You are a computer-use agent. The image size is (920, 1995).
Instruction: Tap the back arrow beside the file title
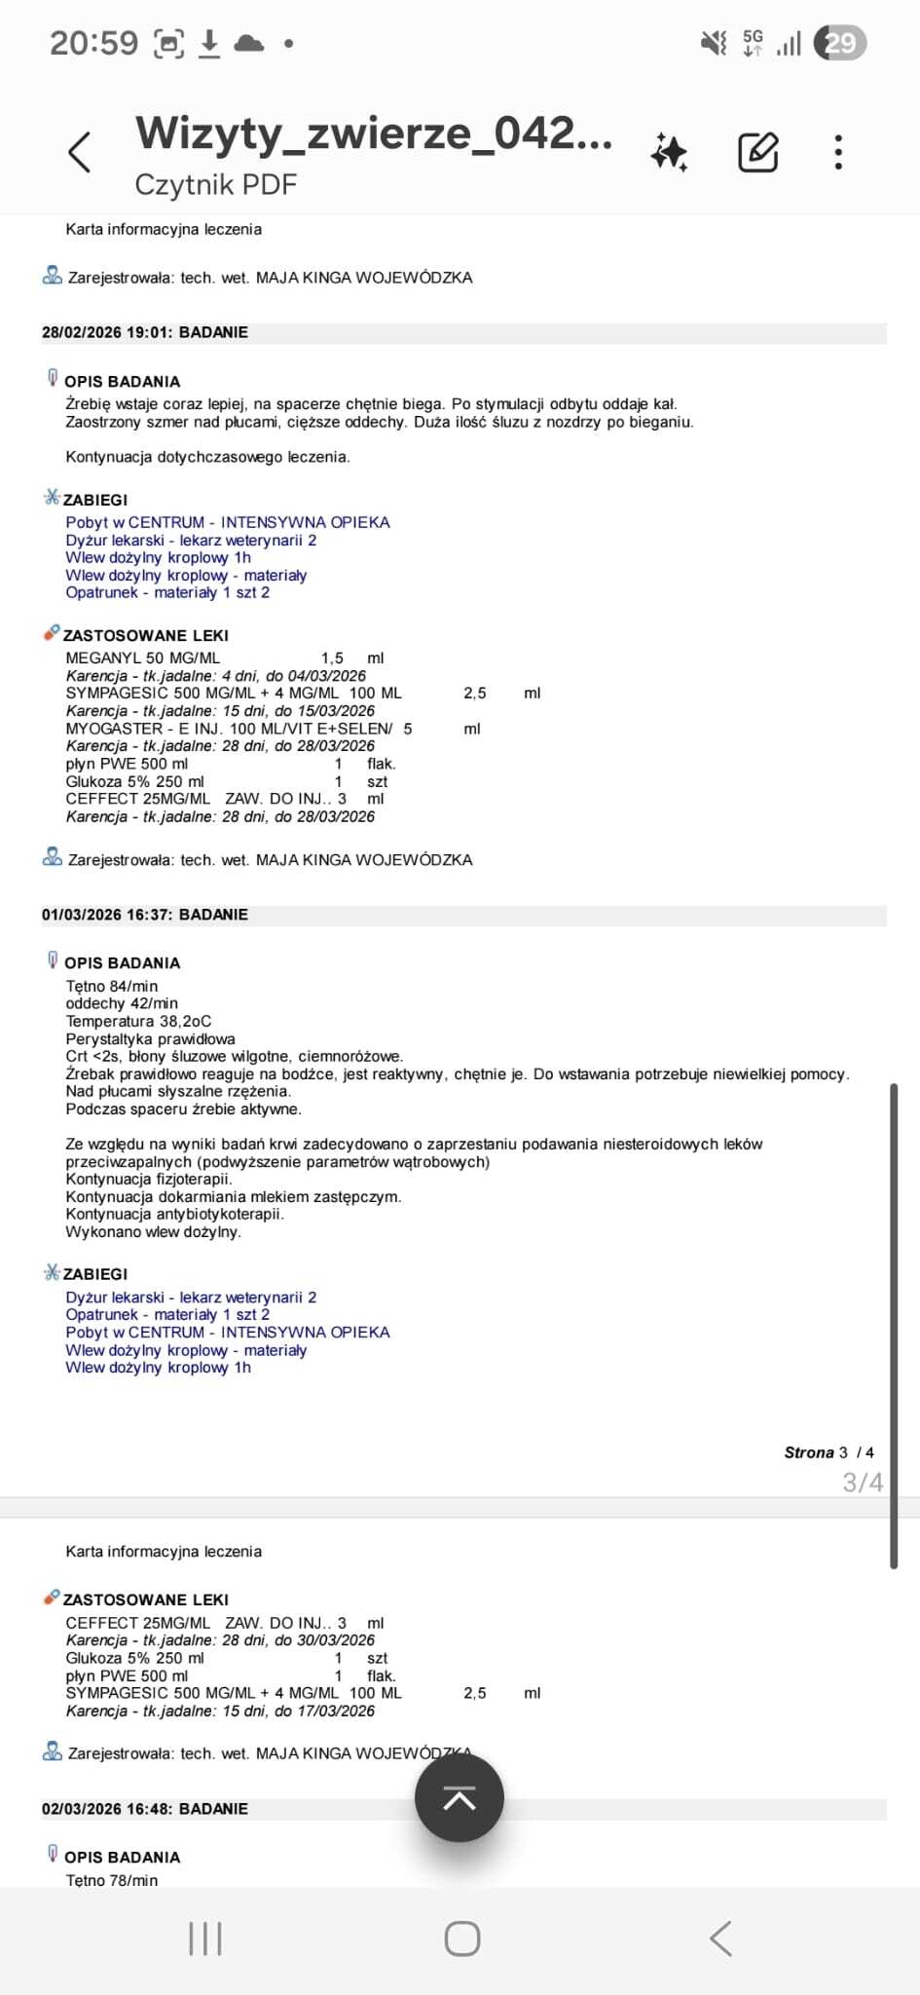80,152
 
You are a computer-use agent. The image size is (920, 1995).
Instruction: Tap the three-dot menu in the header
838,152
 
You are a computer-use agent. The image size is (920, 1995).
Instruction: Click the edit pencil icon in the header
757,152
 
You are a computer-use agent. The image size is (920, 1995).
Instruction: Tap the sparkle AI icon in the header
669,152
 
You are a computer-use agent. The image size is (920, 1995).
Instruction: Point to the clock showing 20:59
93,43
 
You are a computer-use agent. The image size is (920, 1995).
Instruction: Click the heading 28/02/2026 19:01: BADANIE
145,332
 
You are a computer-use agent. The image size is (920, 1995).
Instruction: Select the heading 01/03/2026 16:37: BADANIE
145,915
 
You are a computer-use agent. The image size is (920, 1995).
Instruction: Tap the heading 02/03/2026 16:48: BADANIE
145,1809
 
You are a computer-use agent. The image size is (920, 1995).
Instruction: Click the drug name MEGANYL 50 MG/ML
143,658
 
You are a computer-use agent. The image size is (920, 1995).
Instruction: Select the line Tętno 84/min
112,986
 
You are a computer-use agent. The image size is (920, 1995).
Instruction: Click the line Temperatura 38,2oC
138,1021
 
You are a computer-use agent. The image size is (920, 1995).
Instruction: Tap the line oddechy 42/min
122,1003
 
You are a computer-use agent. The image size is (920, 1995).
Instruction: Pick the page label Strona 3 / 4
828,1452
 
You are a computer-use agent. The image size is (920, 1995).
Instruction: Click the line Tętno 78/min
112,1880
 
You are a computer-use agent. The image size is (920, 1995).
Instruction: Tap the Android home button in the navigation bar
461,1939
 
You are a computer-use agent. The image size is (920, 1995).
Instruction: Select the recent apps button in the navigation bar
205,1939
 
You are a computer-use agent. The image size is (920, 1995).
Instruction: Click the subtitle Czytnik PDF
215,184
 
